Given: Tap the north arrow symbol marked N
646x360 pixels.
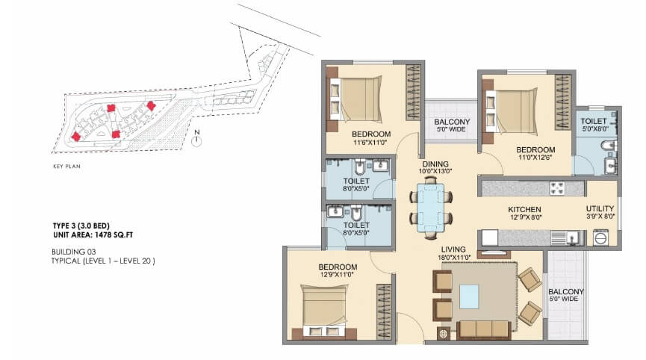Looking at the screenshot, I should tap(196, 140).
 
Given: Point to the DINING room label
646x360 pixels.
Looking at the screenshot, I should tap(435, 164).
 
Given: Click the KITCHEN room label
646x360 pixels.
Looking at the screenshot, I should tap(525, 209).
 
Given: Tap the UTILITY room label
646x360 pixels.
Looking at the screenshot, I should tap(600, 209).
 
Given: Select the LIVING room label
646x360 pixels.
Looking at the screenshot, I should tap(453, 249).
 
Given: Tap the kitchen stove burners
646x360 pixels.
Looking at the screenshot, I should tap(558, 187).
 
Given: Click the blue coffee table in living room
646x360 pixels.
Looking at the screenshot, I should tap(470, 297).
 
